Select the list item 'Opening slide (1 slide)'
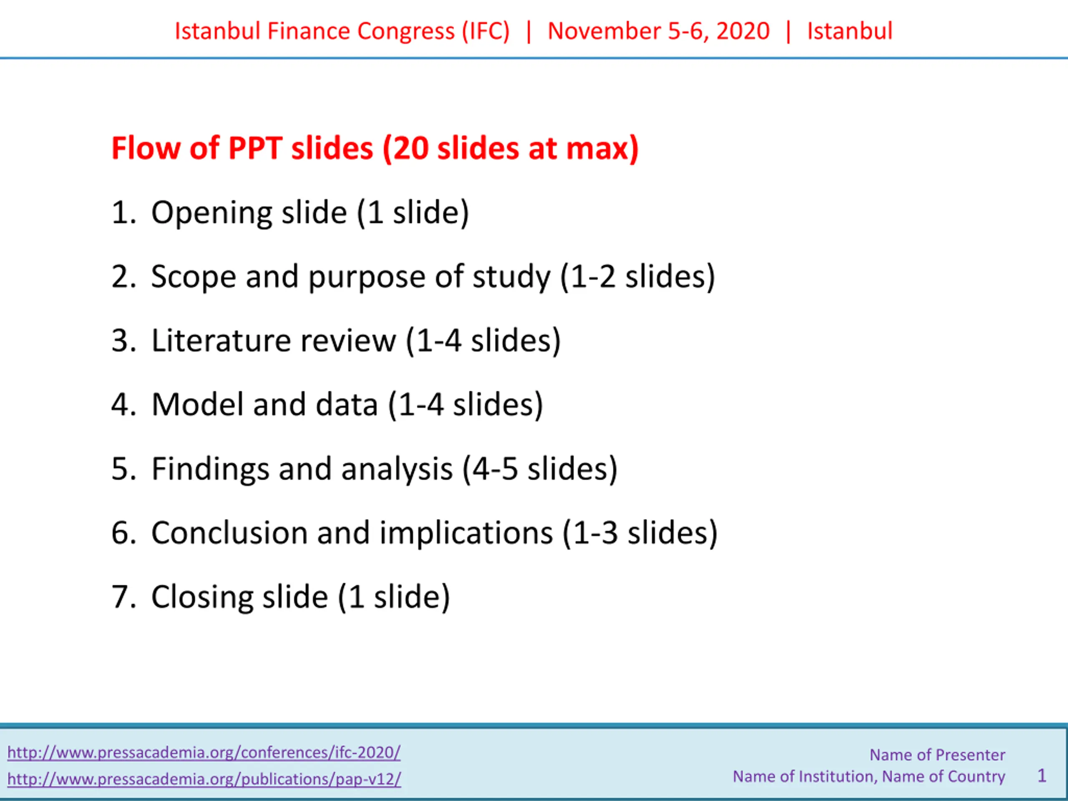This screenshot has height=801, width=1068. click(x=310, y=212)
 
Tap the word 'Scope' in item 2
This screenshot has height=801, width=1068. click(x=194, y=277)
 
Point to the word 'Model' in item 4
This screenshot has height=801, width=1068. click(x=197, y=405)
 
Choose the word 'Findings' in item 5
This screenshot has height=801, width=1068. click(x=210, y=469)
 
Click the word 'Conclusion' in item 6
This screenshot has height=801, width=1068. click(x=229, y=533)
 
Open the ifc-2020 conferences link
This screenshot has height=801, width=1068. click(x=204, y=752)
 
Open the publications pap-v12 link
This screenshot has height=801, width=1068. click(x=204, y=779)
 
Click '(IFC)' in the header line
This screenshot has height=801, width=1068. click(x=486, y=31)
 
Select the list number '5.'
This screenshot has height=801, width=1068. click(x=124, y=469)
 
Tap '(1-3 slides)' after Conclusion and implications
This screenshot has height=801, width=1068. click(x=640, y=534)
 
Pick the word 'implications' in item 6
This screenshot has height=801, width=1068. click(x=466, y=534)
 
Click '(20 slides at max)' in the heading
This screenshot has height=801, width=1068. click(x=511, y=148)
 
